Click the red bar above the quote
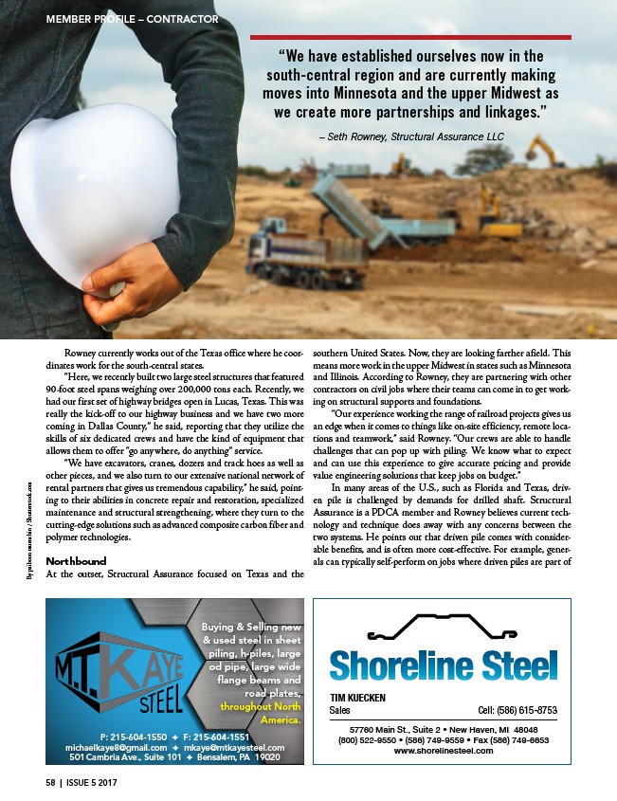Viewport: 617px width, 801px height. point(410,37)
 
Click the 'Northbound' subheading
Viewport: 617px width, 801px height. point(76,559)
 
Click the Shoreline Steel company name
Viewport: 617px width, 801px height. point(444,664)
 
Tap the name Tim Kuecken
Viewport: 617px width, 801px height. point(357,697)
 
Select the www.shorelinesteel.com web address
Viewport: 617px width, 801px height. point(444,751)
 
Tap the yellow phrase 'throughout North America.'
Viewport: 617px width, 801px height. point(262,713)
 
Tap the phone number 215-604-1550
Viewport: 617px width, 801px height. point(132,737)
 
